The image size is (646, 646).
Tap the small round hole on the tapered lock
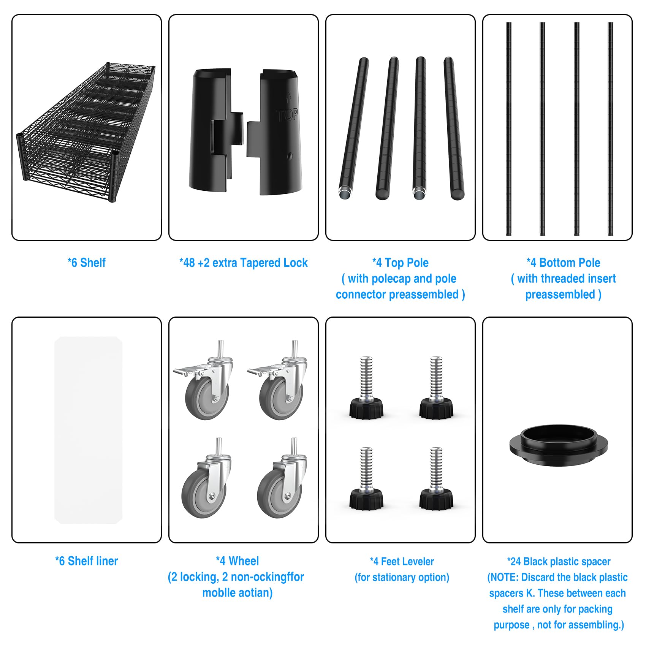click(290, 156)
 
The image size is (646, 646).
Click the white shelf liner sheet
click(88, 430)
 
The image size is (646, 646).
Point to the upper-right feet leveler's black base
click(436, 408)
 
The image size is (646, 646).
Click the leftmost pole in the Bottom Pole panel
click(508, 129)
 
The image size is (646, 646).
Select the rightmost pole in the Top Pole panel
click(454, 128)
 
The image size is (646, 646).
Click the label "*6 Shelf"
click(87, 263)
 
